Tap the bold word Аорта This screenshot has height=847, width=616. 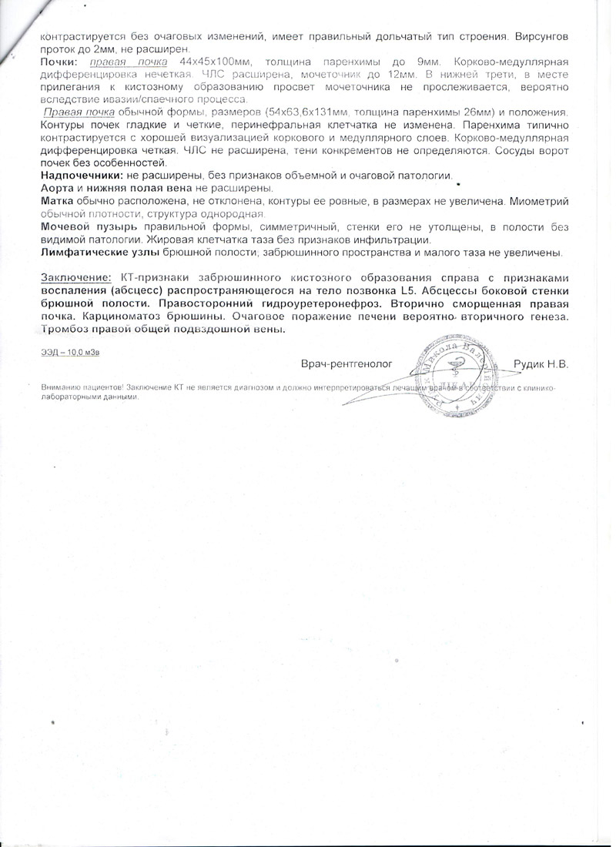56,189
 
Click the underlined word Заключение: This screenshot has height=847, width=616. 76,277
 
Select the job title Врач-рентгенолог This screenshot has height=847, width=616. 346,363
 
